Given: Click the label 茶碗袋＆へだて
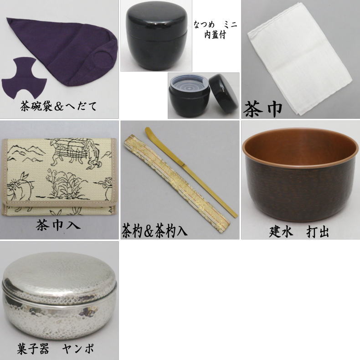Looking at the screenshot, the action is point(58,106).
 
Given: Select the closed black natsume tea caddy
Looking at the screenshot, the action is point(157,37).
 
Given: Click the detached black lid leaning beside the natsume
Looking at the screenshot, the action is point(223,92).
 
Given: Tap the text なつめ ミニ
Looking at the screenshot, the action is point(215,24).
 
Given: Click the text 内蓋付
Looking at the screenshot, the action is point(215,35).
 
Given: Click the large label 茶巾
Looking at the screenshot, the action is point(263,109).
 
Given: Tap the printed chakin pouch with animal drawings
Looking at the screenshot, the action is point(59,177).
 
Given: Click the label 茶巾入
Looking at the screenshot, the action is point(58,225).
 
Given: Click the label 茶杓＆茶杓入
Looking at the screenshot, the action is point(154,231).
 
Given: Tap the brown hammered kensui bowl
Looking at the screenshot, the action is point(301,175).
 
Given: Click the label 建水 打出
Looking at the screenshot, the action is point(298,232).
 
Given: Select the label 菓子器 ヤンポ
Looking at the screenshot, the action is point(55,349).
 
